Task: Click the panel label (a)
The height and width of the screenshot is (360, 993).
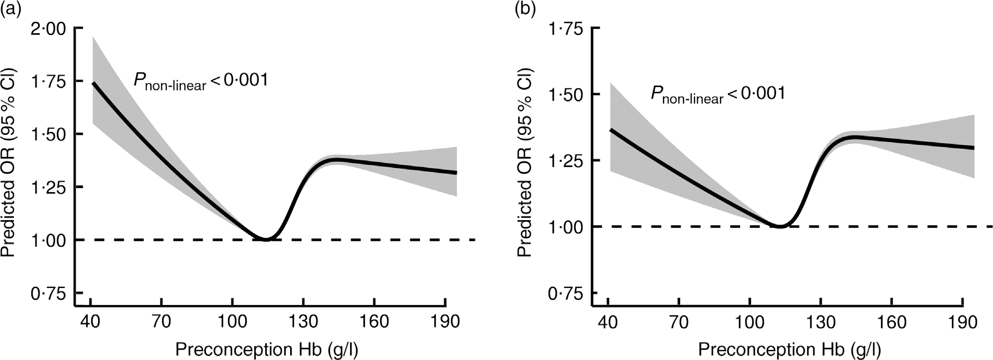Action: coord(12,10)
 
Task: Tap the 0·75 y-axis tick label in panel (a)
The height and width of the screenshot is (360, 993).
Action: coord(49,293)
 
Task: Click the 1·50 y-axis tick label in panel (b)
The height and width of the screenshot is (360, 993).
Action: coord(566,94)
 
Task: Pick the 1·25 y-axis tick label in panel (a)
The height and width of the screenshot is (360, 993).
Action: coord(49,187)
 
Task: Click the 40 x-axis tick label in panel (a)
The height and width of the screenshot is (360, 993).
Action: coord(90,322)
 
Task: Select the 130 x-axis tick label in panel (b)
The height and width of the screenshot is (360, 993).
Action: coord(821,322)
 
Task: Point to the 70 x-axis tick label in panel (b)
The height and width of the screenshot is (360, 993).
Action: coord(679,322)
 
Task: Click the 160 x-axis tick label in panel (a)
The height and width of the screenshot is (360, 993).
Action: coord(374,322)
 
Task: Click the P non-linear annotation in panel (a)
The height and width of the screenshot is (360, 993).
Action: coord(200,81)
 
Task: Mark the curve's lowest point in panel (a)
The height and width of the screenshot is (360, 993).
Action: coord(266,239)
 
